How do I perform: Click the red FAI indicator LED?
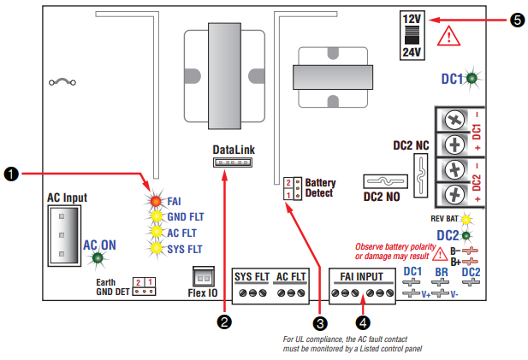point(156,202)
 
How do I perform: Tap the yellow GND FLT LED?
point(156,216)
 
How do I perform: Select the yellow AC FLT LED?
point(156,232)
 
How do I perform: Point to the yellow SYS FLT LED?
point(156,248)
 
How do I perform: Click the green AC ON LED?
point(98,257)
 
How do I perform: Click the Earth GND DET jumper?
point(142,285)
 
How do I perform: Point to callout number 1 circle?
point(11,174)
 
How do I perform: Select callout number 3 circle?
point(320,322)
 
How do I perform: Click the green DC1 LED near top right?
point(473,78)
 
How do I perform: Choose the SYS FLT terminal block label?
point(251,276)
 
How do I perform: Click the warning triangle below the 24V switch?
point(448,36)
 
